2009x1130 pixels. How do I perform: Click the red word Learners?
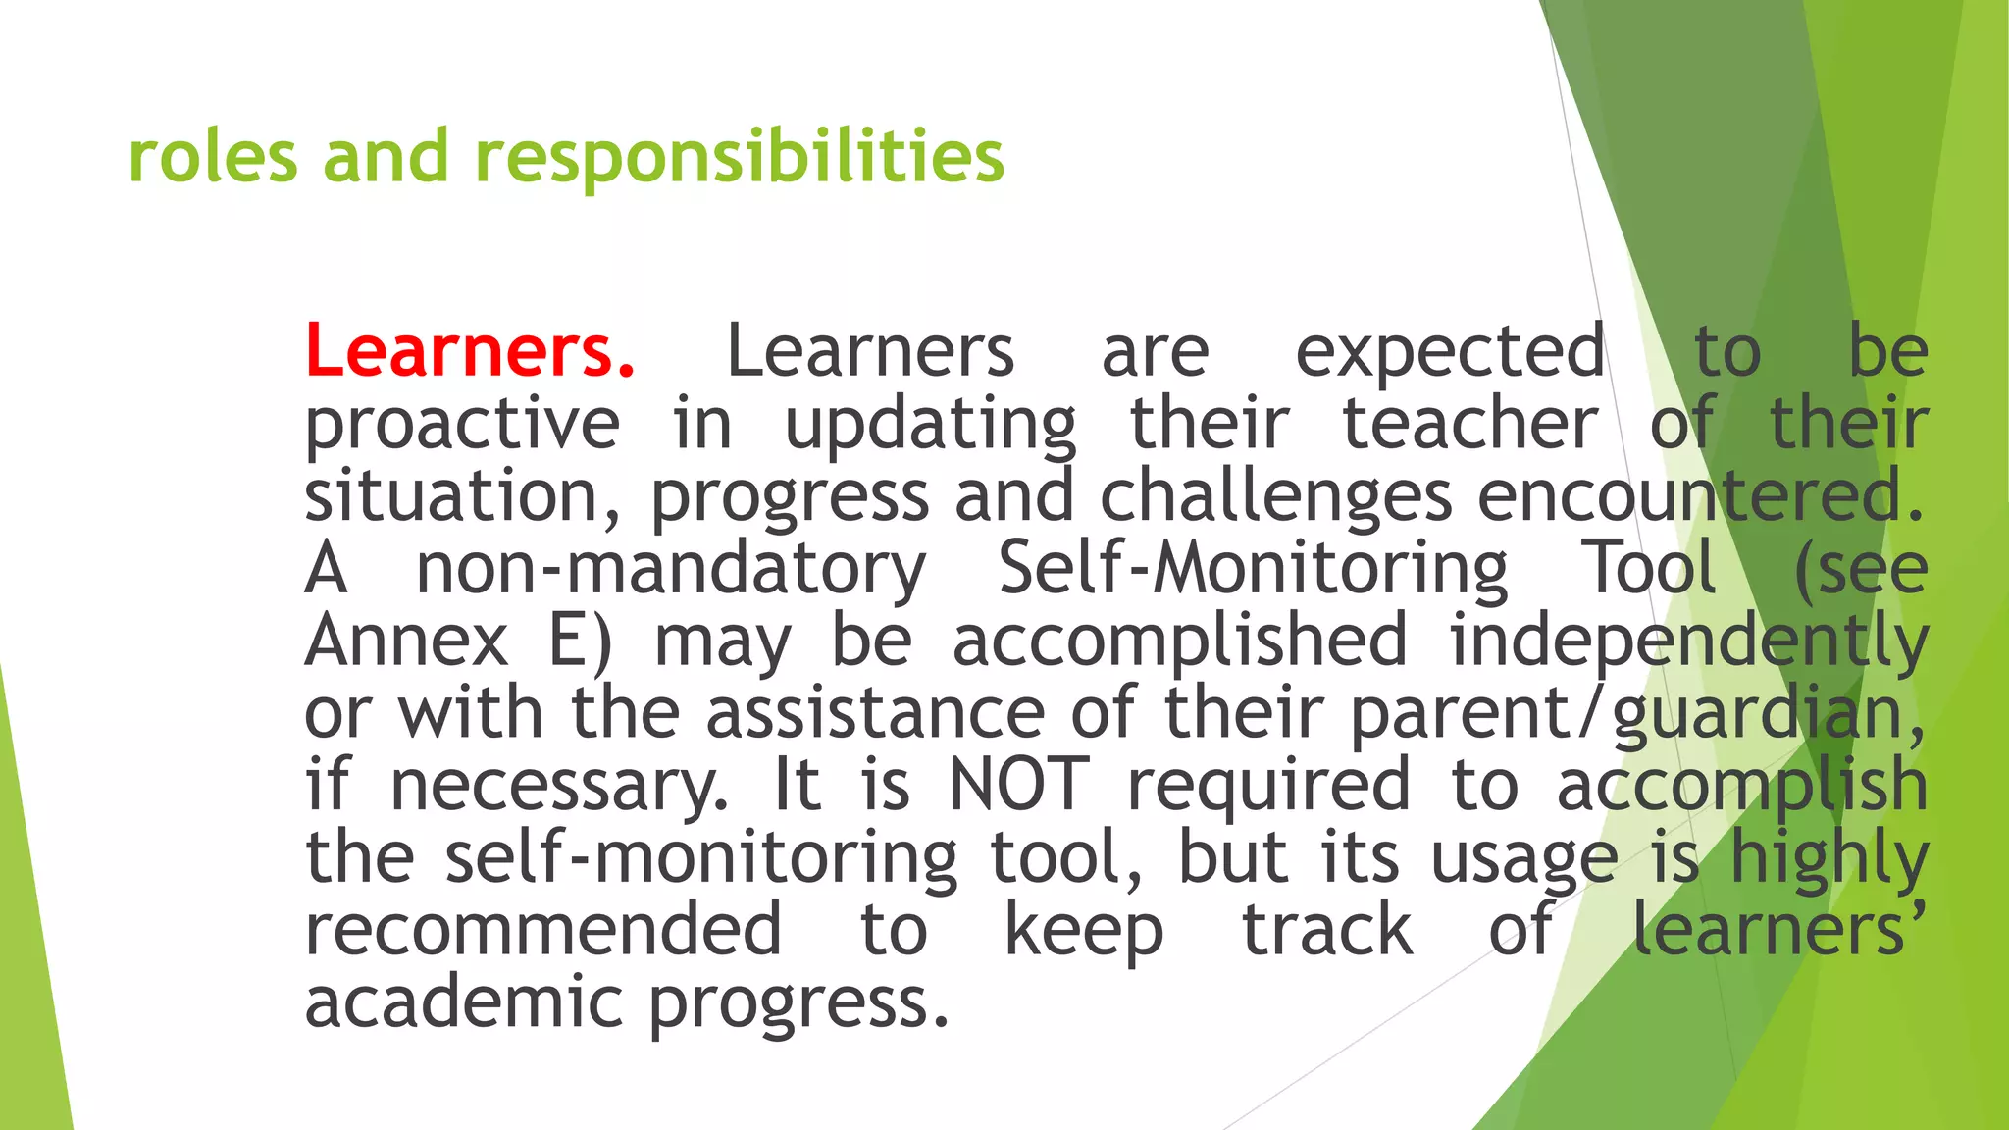click(x=470, y=351)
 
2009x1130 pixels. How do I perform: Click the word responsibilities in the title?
click(x=740, y=157)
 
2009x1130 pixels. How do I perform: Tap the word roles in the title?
click(x=213, y=157)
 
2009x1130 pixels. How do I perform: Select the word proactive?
click(x=462, y=425)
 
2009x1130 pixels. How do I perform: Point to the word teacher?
click(x=1469, y=424)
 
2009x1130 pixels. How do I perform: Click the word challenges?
click(x=1275, y=496)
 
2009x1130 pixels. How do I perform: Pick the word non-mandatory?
click(x=671, y=569)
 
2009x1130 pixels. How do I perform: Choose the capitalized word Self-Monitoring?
click(x=1253, y=569)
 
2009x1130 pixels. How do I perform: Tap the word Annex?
click(x=406, y=641)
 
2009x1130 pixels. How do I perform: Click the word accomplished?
click(x=1180, y=641)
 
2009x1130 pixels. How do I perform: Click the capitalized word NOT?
click(x=1020, y=785)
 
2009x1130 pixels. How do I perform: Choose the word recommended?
click(x=543, y=930)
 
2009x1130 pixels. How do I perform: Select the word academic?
click(x=463, y=1002)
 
